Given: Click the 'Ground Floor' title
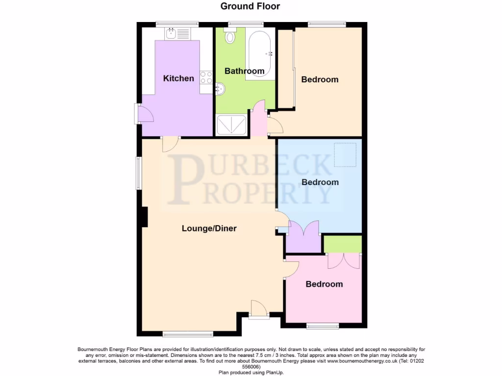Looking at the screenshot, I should (x=250, y=6).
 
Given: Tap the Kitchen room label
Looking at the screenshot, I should (x=178, y=78).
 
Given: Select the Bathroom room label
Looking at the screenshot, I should (x=244, y=71).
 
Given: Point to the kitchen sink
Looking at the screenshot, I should (x=171, y=33).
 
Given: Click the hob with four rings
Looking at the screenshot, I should (x=206, y=77).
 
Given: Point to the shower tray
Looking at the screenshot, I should (x=232, y=124).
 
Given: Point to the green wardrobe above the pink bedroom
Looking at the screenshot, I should (x=343, y=244).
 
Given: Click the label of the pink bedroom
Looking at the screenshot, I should (x=324, y=284).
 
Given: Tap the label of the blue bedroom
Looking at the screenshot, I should (x=320, y=182).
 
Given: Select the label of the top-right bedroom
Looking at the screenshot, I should (x=320, y=79).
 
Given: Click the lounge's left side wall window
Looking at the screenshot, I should (x=139, y=173).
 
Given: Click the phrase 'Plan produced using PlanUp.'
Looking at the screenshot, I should (x=251, y=372).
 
